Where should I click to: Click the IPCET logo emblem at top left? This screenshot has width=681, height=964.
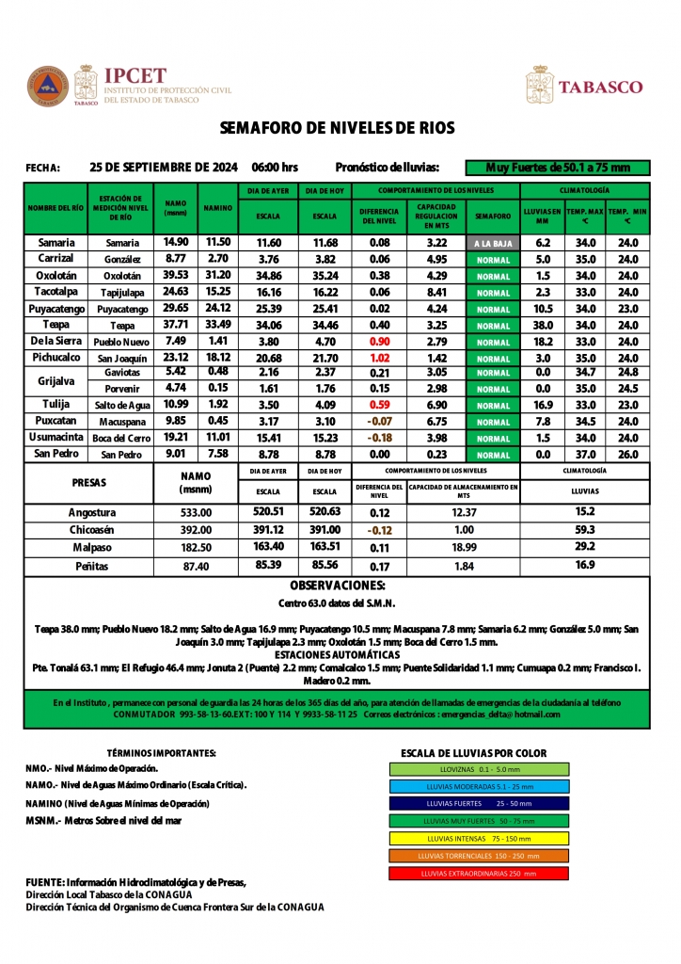(x=48, y=85)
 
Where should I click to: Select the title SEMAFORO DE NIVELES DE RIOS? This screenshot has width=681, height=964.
(x=337, y=128)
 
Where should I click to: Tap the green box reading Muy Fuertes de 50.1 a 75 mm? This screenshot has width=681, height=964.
(x=557, y=168)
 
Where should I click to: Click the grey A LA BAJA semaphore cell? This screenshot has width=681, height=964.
(x=493, y=243)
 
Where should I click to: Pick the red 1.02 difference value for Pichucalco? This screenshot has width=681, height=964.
(x=380, y=359)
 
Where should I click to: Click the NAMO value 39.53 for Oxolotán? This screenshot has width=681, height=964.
(x=176, y=276)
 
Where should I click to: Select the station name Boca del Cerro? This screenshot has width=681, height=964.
(x=122, y=439)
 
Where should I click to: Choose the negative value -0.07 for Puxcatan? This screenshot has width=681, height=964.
(x=380, y=422)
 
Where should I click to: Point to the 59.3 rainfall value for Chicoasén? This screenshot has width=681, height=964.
(x=584, y=530)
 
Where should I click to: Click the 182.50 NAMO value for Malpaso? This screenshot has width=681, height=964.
(x=196, y=547)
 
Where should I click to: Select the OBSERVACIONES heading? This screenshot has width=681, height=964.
(x=337, y=586)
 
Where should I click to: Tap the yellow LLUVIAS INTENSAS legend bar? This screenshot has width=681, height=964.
(x=479, y=838)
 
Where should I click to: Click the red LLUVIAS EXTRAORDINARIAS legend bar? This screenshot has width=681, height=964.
(x=479, y=873)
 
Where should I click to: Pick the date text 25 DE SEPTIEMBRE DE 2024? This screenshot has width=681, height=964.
(x=164, y=168)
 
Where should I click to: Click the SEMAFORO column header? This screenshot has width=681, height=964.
(x=493, y=216)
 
